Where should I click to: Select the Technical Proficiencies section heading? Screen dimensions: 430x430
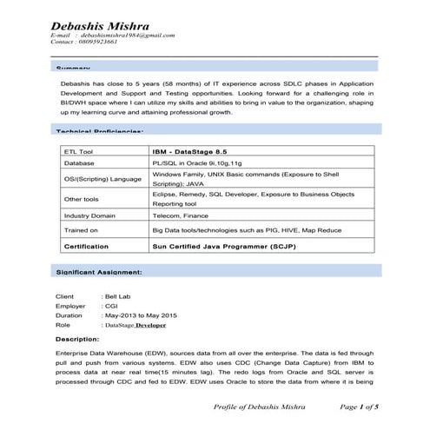100,131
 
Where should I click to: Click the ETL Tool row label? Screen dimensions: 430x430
79,150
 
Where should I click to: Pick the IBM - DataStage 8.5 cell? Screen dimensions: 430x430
191,150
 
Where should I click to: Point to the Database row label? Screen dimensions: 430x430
79,162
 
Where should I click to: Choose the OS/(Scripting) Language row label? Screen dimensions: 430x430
102,179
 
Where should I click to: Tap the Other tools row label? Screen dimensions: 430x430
81,199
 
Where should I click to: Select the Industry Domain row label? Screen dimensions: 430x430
89,215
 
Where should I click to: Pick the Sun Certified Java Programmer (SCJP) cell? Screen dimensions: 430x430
228,247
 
